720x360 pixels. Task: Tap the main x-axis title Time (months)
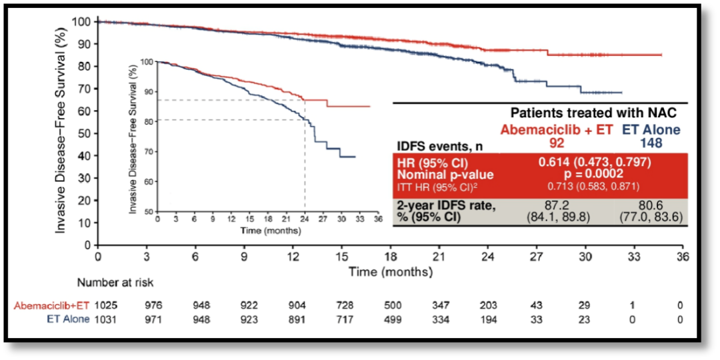point(391,272)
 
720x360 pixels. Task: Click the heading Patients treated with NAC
point(593,114)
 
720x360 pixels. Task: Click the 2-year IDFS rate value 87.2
point(557,206)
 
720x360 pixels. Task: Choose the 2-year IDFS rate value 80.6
point(649,206)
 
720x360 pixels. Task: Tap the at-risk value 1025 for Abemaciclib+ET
point(105,305)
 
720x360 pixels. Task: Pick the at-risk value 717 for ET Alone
point(341,319)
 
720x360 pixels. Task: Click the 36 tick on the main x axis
point(681,257)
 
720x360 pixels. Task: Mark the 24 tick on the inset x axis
point(305,219)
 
